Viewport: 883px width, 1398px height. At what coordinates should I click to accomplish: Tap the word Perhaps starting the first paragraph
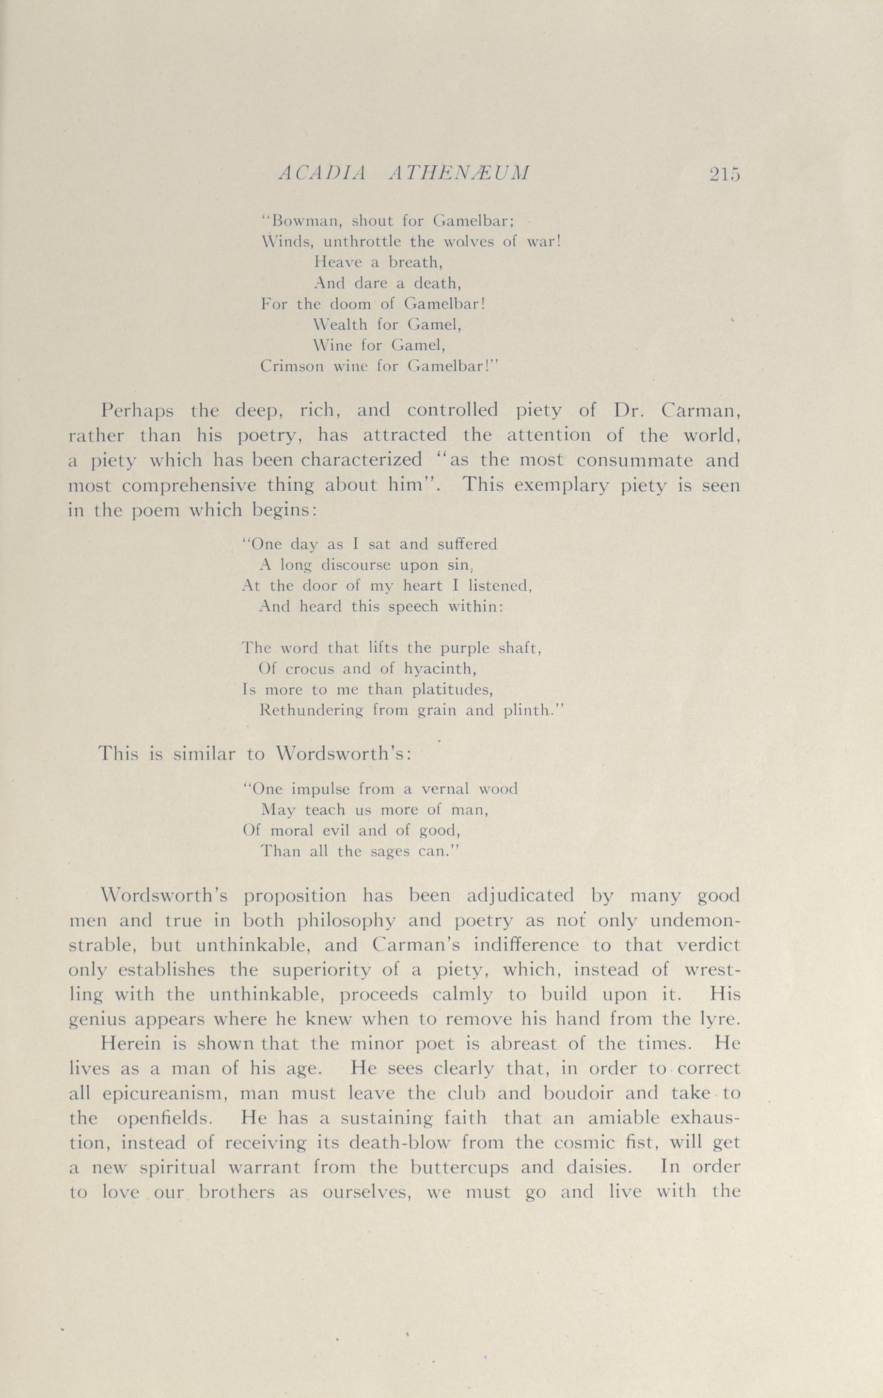click(x=137, y=412)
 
